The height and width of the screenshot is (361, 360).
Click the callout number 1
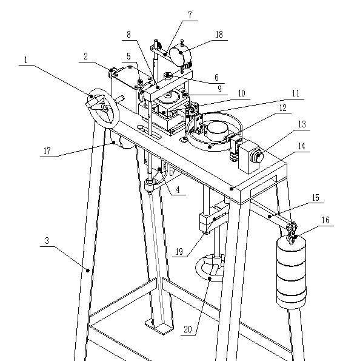pyautogui.click(x=26, y=60)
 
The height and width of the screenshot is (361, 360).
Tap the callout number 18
pyautogui.click(x=219, y=35)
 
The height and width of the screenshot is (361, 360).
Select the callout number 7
pyautogui.click(x=190, y=15)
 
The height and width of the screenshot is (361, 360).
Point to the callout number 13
pyautogui.click(x=302, y=124)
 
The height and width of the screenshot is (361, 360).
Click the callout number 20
pyautogui.click(x=188, y=329)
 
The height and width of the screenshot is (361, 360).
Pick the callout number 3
pyautogui.click(x=47, y=241)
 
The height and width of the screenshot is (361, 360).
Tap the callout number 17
pyautogui.click(x=47, y=151)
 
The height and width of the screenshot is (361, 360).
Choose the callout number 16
pyautogui.click(x=325, y=220)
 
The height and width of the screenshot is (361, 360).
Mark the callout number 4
pyautogui.click(x=178, y=190)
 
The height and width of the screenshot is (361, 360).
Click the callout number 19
pyautogui.click(x=179, y=252)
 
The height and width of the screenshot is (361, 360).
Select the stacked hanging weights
pyautogui.click(x=292, y=273)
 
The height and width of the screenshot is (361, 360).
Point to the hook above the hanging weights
pyautogui.click(x=292, y=232)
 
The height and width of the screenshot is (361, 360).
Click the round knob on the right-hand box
pyautogui.click(x=258, y=157)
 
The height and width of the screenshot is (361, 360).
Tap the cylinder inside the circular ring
pyautogui.click(x=218, y=132)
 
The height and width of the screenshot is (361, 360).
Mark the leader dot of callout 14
pyautogui.click(x=232, y=189)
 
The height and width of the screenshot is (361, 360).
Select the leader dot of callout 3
pyautogui.click(x=88, y=270)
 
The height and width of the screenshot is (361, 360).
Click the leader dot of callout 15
pyautogui.click(x=269, y=217)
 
